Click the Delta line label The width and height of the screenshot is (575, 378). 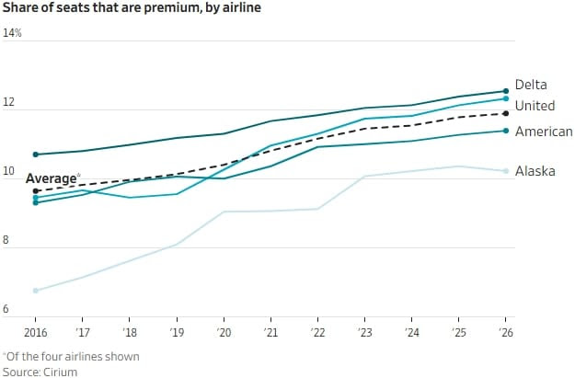531,85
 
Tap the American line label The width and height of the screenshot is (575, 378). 544,132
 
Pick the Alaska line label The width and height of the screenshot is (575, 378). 535,171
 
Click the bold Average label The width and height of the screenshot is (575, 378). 51,178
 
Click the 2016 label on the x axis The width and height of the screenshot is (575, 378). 36,332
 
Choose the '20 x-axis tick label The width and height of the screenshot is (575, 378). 223,332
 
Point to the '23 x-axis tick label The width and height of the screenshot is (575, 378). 364,332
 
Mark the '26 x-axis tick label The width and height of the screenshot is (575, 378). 504,332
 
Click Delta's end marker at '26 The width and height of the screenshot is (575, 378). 506,90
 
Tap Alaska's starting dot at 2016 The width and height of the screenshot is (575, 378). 36,291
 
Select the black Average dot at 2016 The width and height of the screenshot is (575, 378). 36,191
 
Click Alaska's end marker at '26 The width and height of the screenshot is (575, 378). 506,171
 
